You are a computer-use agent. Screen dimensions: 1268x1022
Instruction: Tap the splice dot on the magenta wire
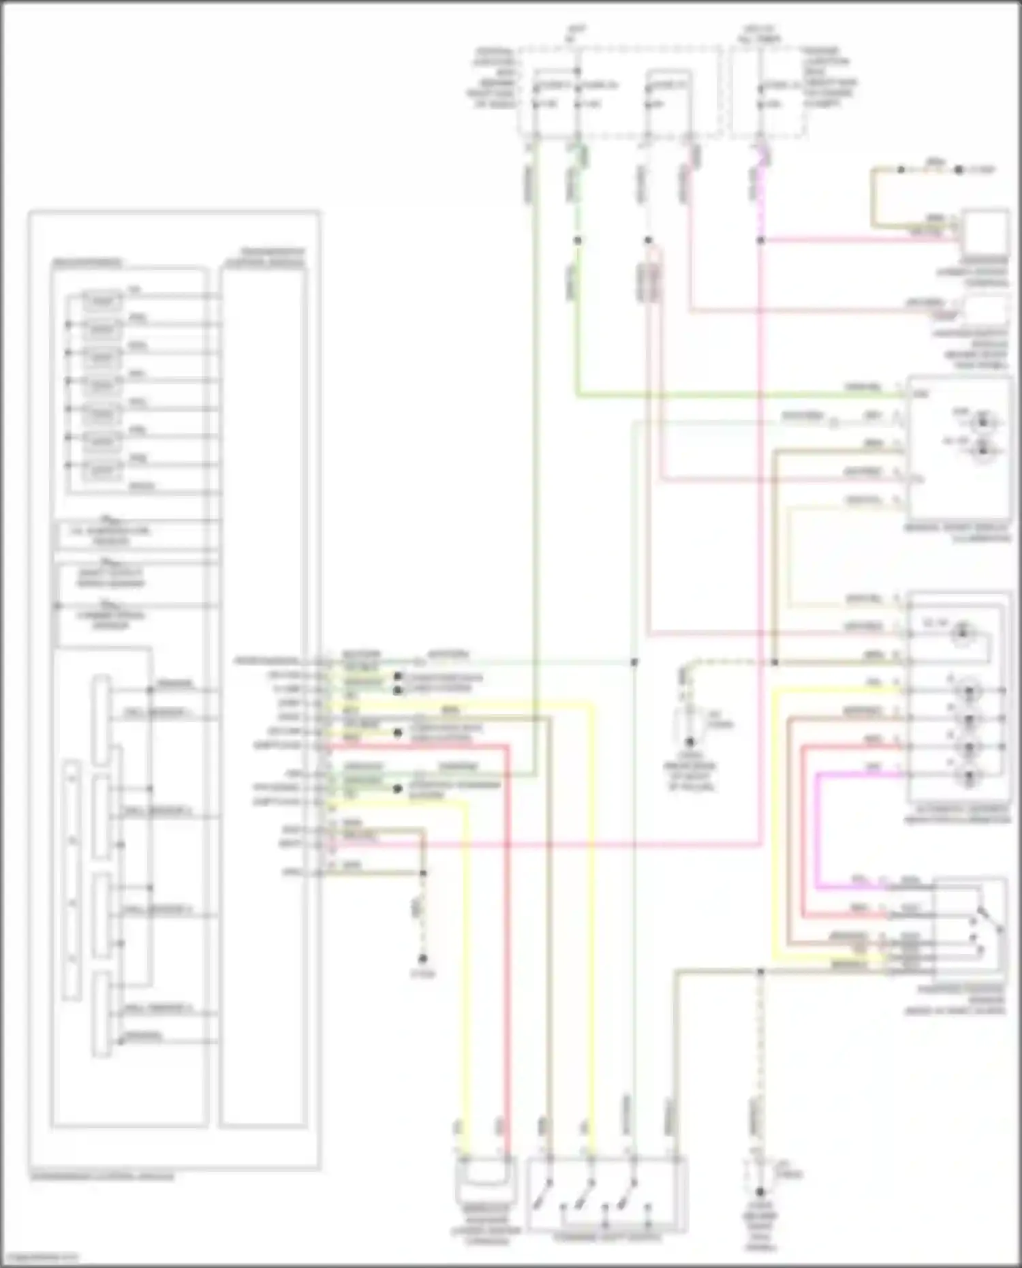point(761,240)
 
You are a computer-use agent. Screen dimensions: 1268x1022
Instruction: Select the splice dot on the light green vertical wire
point(577,240)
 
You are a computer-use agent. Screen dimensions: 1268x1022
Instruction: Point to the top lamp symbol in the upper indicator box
point(982,421)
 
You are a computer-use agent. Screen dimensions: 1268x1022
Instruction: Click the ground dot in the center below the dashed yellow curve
point(690,742)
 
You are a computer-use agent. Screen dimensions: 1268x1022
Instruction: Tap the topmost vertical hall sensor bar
point(102,719)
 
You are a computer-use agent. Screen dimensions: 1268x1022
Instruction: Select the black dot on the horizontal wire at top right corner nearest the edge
point(959,170)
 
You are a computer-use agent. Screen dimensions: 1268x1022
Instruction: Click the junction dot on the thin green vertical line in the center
point(634,662)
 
